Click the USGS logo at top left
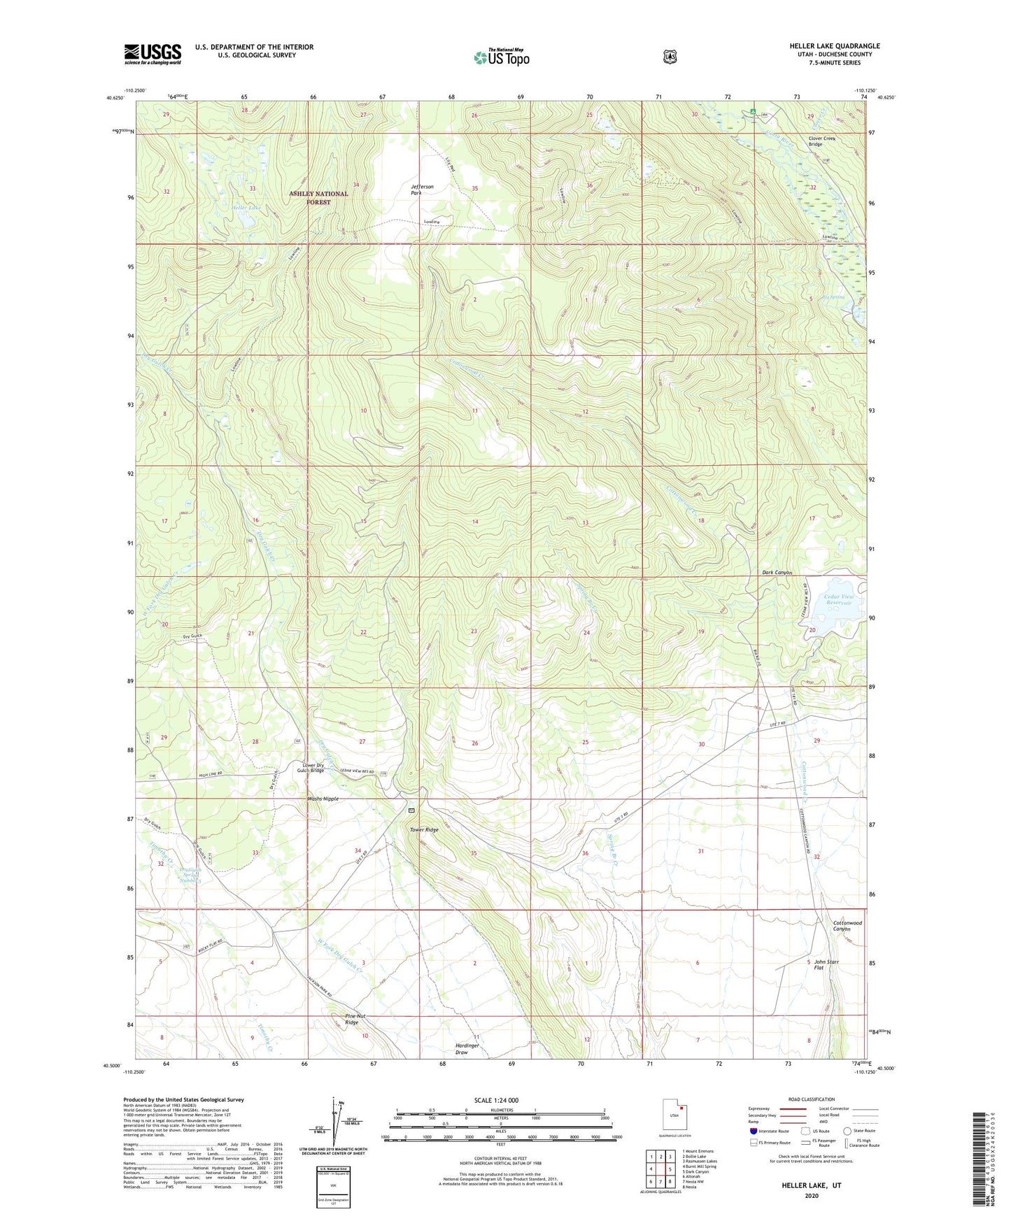point(153,54)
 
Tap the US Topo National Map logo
point(500,57)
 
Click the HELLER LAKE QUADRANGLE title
point(834,46)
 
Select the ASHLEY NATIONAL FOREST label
point(318,198)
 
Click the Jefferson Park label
point(422,190)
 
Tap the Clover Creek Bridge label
point(822,141)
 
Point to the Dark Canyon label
point(777,573)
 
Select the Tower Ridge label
point(424,830)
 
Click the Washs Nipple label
point(323,799)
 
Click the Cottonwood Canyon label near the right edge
point(847,926)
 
